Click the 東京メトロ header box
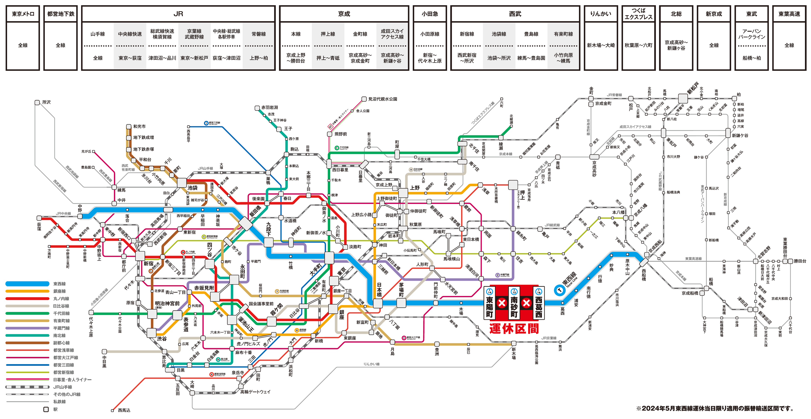click(x=23, y=14)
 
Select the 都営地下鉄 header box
click(x=61, y=14)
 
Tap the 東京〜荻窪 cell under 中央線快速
click(x=130, y=58)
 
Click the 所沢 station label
click(x=46, y=102)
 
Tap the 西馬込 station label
click(x=124, y=410)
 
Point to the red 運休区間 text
click(x=514, y=329)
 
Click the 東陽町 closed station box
click(x=490, y=303)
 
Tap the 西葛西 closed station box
click(x=539, y=303)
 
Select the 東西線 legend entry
click(x=59, y=284)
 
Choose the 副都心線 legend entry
click(x=61, y=343)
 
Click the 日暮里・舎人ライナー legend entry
click(x=72, y=380)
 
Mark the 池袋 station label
click(x=192, y=188)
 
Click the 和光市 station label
click(x=139, y=126)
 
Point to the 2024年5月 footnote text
click(x=715, y=408)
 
